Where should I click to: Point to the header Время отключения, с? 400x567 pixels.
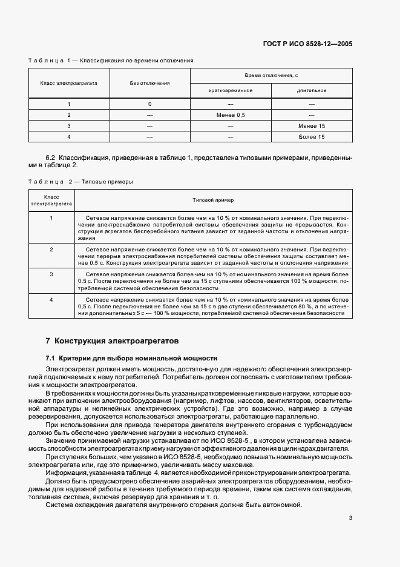pyautogui.click(x=271, y=75)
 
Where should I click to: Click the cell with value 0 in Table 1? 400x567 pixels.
pyautogui.click(x=149, y=104)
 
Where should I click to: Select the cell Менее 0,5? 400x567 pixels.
pyautogui.click(x=230, y=114)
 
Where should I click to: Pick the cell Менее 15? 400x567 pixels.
pyautogui.click(x=312, y=125)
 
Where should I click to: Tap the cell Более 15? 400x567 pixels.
pyautogui.click(x=312, y=136)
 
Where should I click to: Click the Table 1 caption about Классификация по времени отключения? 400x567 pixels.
pyautogui.click(x=111, y=61)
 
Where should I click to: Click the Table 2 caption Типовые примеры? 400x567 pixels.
pyautogui.click(x=82, y=181)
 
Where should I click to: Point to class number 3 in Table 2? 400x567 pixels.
pyautogui.click(x=51, y=274)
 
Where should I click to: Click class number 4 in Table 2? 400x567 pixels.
pyautogui.click(x=51, y=299)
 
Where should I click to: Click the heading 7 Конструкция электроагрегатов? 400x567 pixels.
pyautogui.click(x=113, y=341)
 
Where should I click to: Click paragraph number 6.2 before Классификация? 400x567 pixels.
pyautogui.click(x=51, y=157)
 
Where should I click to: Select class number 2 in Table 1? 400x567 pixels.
pyautogui.click(x=69, y=114)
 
